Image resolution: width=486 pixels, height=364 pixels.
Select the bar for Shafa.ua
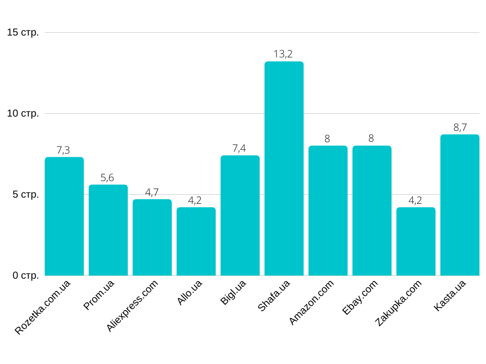(284, 168)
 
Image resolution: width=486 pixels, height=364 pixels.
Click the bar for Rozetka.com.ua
(64, 216)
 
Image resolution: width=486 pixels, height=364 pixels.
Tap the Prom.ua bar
(108, 230)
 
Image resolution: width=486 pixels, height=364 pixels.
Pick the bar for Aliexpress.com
(152, 237)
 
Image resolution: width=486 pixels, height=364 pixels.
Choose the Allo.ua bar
(196, 241)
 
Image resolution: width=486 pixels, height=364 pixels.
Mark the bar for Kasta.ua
(460, 205)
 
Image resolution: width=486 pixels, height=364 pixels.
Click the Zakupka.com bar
(416, 241)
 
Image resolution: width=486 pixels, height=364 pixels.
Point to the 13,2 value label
(283, 54)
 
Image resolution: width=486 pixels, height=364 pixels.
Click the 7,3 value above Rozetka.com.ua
(63, 150)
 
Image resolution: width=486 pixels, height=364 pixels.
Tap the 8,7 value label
(460, 127)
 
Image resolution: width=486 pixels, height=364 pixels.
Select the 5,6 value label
(107, 178)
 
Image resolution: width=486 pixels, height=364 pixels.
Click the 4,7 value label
(152, 192)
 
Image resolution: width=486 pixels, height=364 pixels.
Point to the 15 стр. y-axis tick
(23, 33)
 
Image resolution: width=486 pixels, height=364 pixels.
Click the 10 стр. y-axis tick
(23, 114)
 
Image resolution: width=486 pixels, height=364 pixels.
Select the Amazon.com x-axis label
(312, 302)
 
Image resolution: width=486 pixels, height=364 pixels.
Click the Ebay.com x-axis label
(360, 297)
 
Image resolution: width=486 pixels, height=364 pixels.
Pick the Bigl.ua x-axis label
(234, 292)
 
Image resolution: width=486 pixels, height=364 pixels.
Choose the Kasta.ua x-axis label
(450, 295)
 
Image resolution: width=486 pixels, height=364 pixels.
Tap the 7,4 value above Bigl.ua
(239, 148)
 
